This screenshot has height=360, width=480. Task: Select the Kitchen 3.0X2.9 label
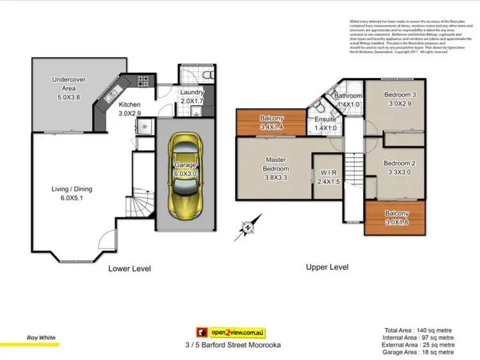(129, 109)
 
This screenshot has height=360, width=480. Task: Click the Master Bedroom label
(276, 164)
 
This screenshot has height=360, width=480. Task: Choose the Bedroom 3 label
(400, 99)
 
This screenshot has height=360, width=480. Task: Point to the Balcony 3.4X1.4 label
(273, 122)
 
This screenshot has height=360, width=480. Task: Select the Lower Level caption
(130, 269)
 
